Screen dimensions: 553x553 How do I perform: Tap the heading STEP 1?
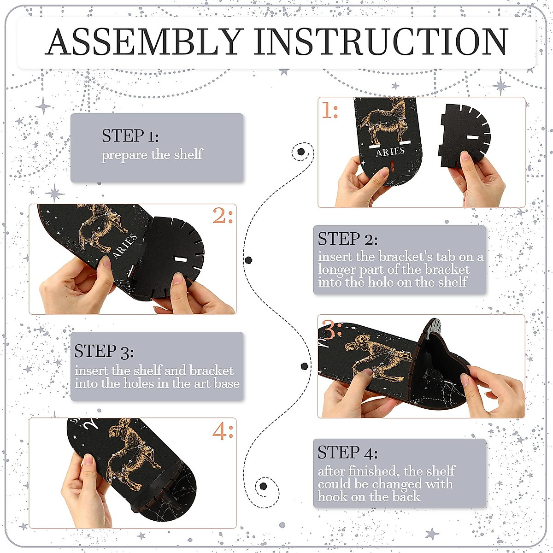130,136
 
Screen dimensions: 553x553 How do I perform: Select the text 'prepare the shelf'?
152,154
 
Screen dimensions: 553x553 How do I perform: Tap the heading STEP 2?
347,239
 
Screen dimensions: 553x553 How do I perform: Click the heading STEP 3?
104,351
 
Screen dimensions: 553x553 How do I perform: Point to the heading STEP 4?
347,453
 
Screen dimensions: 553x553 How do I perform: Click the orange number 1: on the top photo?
330,111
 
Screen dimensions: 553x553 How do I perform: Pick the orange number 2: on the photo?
223,215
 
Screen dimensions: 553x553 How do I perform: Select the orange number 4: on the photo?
223,431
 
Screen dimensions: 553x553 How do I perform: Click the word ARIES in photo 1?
390,152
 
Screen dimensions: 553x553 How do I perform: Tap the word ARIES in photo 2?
124,246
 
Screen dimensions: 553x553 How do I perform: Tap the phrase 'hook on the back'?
369,496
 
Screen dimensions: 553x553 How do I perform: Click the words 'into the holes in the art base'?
157,383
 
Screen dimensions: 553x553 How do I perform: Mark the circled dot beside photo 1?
301,152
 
